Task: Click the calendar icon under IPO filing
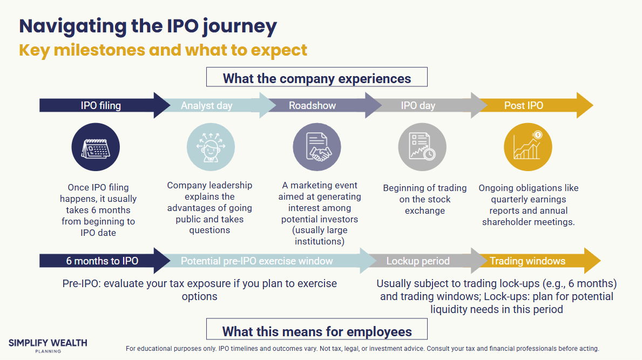pos(96,147)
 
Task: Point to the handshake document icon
pos(317,147)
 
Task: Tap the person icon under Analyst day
pos(211,147)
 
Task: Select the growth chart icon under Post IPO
pos(528,147)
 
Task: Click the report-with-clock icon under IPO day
pos(422,147)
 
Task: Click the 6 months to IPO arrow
pos(103,261)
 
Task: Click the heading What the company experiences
pos(317,78)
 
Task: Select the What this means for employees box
pos(317,331)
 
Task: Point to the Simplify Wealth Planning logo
pos(48,345)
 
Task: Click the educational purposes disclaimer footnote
pos(362,349)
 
